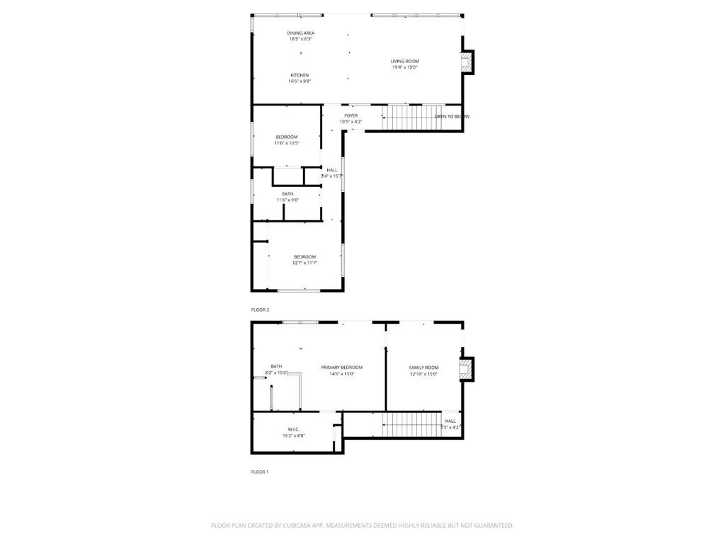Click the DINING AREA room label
click(301, 33)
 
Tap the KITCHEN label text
click(299, 75)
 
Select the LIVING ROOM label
click(405, 62)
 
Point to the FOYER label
click(350, 115)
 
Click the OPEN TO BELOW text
click(451, 116)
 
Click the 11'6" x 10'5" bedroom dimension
click(287, 143)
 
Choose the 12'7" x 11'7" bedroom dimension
click(304, 263)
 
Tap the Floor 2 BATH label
click(287, 193)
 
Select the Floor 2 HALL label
click(332, 170)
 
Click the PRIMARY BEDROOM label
click(341, 367)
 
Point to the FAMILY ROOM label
click(423, 368)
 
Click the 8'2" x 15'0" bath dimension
click(275, 373)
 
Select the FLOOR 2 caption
click(260, 310)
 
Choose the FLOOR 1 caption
click(260, 472)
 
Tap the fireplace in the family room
click(466, 368)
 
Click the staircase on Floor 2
click(412, 118)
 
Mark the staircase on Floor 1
click(412, 425)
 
